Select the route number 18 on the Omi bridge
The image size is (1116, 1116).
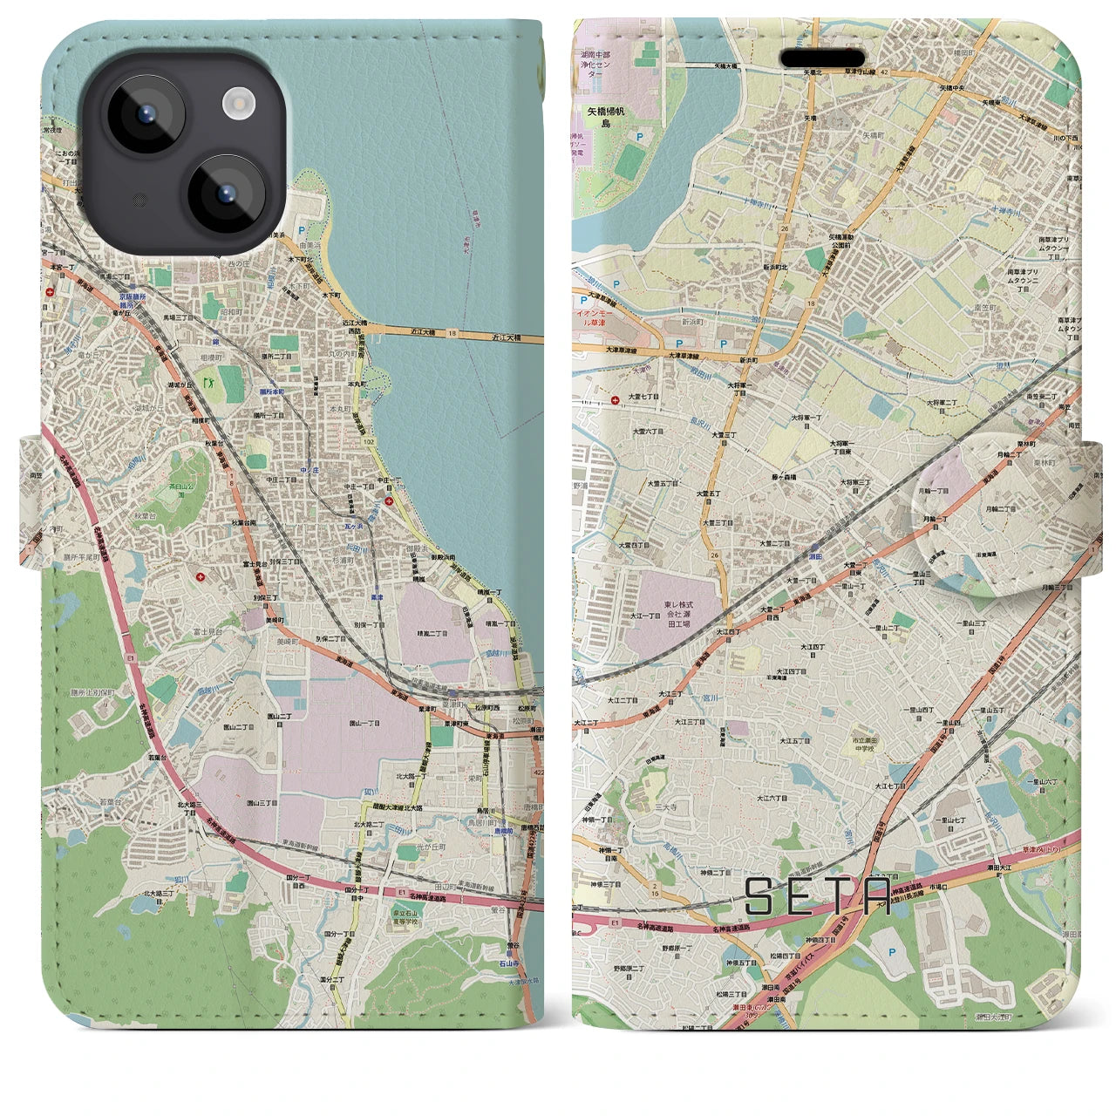coord(452,333)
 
